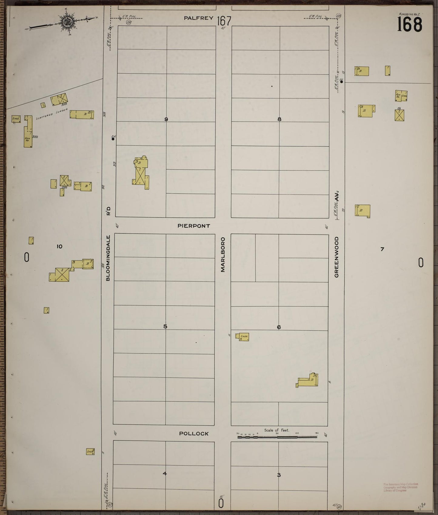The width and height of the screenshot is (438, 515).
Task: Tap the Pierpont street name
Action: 194,226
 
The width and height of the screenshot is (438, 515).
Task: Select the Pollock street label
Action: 194,434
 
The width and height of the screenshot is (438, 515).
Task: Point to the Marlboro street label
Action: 223,255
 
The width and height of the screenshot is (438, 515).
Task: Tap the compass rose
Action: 66,22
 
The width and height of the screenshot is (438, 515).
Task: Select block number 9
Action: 166,119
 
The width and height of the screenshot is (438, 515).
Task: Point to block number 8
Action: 279,119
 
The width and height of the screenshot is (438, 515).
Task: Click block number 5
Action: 165,326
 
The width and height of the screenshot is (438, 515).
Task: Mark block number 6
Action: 279,327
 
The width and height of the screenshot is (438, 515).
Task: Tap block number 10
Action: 59,246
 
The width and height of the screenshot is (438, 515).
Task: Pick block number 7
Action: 382,249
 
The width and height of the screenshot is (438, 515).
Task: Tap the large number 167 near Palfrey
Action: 224,21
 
